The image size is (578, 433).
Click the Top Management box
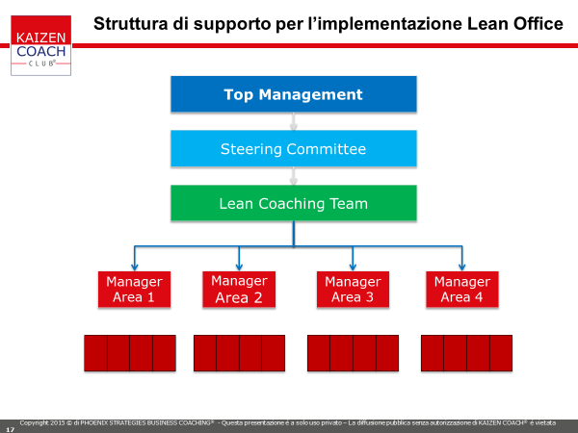[x=294, y=94]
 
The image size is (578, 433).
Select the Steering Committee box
[x=294, y=149]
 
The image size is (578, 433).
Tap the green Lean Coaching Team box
[x=294, y=203]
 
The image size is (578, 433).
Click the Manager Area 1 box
[x=134, y=289]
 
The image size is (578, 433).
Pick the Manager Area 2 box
[x=239, y=289]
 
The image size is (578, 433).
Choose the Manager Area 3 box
[x=353, y=289]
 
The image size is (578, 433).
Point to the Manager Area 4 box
[x=462, y=289]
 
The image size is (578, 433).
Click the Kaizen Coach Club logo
[x=40, y=45]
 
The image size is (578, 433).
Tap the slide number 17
[x=10, y=429]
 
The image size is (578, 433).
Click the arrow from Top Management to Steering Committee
[x=294, y=121]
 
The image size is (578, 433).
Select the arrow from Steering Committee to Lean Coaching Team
[x=294, y=176]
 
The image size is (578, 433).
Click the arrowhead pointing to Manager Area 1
[x=135, y=267]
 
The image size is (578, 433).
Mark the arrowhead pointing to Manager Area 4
[x=461, y=267]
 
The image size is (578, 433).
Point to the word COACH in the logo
[x=40, y=51]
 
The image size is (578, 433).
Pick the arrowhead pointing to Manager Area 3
[x=353, y=267]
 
